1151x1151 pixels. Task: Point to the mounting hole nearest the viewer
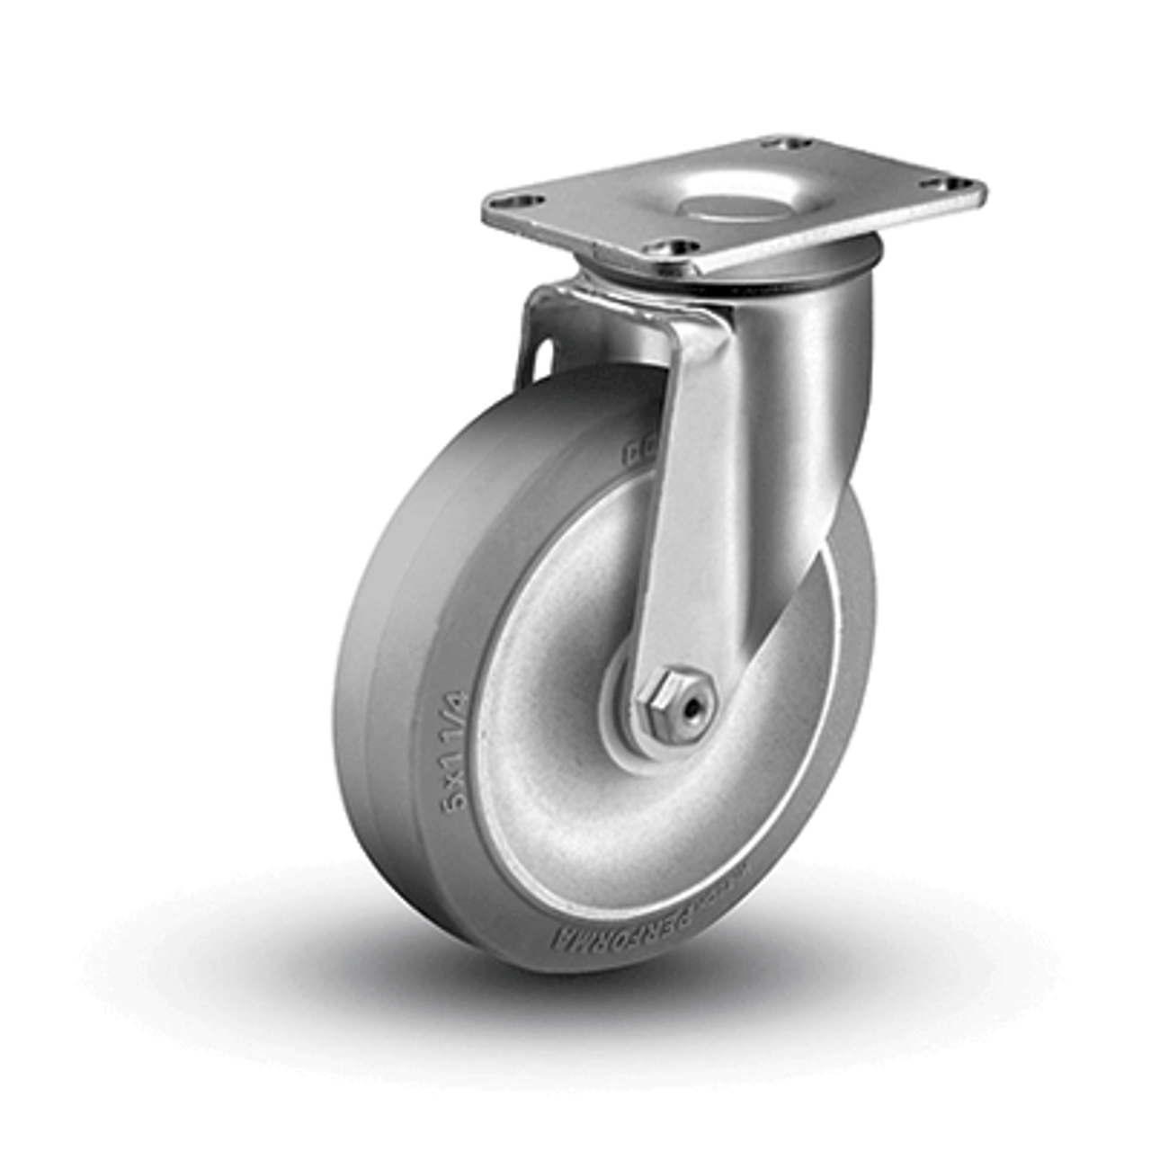676,245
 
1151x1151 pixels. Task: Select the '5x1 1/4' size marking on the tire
456,751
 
